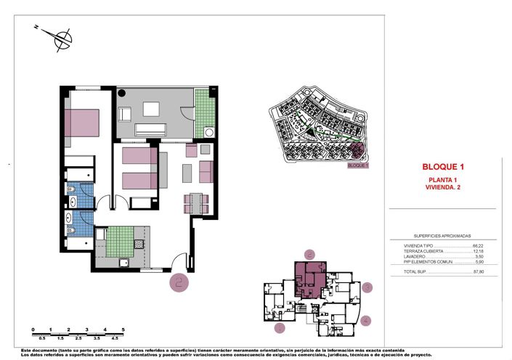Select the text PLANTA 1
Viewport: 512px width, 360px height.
click(442, 179)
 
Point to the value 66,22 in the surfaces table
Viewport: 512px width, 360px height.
click(477, 246)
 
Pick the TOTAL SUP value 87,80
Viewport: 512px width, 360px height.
click(477, 272)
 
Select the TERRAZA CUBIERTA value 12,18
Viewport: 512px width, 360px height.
click(477, 251)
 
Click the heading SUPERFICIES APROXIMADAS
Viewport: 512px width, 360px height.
click(442, 235)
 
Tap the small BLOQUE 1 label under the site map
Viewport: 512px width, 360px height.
click(358, 165)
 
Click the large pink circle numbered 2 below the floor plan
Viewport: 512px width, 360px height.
click(179, 282)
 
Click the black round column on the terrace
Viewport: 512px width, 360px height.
click(122, 94)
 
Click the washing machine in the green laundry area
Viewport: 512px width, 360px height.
click(208, 132)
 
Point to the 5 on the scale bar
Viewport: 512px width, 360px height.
click(123, 330)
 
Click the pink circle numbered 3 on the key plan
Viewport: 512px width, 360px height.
click(367, 287)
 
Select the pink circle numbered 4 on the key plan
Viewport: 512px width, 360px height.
click(366, 320)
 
